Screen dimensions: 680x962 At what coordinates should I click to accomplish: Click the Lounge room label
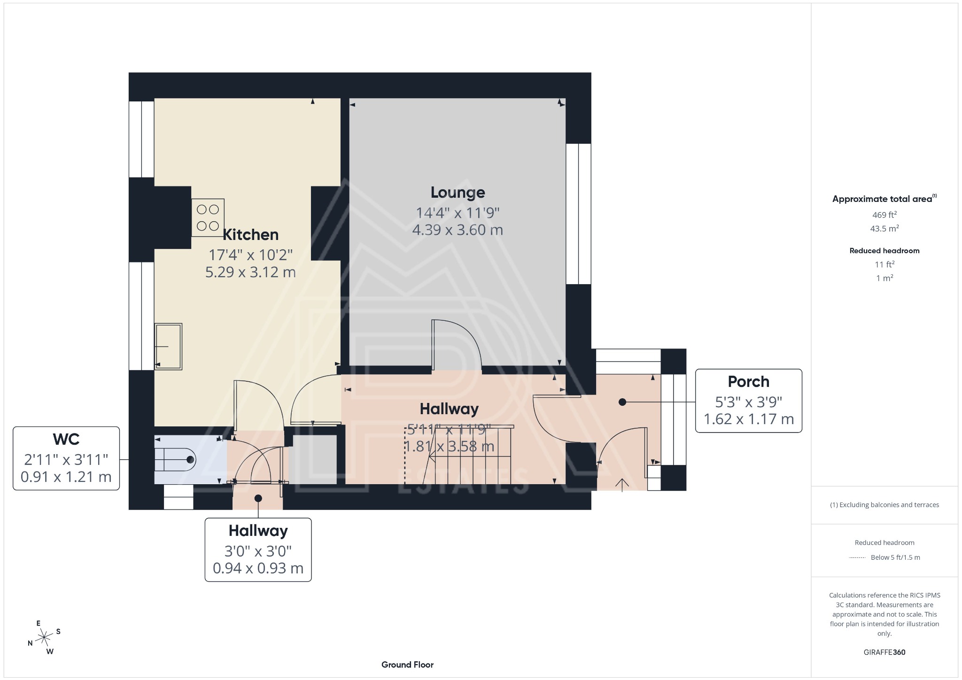coord(458,193)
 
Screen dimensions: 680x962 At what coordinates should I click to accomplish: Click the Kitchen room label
coord(250,235)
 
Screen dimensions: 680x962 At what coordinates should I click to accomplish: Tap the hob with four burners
coord(208,218)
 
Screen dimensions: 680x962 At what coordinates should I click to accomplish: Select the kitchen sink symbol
coord(168,347)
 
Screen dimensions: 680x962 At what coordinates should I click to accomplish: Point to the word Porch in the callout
coord(748,382)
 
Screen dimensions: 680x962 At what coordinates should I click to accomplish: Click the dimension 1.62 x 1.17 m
coord(748,419)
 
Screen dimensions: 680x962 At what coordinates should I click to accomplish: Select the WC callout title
coord(66,440)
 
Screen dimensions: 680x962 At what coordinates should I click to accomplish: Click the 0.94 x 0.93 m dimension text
coord(258,568)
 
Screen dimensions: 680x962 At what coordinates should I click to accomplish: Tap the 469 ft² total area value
coord(884,215)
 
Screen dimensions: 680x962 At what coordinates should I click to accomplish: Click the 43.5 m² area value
coord(884,229)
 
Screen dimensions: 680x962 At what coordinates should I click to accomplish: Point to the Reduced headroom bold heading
coord(884,251)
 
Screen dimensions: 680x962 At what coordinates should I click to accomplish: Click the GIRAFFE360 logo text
coord(884,652)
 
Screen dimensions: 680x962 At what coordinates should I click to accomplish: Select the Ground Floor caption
coord(407,665)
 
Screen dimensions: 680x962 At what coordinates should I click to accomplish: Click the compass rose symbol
coord(45,637)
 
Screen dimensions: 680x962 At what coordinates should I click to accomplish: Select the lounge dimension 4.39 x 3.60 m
coord(458,230)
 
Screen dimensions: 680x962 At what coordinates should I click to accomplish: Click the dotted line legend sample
coord(857,558)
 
